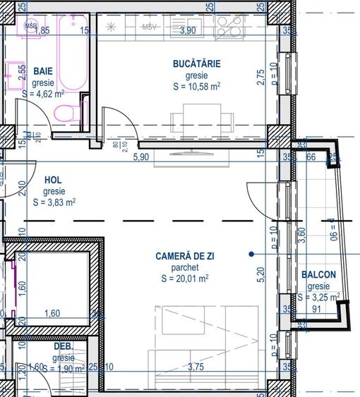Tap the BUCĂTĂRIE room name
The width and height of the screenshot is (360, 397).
196,63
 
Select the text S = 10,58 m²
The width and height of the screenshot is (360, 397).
196,87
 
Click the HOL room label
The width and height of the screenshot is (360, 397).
54,180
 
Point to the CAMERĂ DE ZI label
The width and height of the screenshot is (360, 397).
184,256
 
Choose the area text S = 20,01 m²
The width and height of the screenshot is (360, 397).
184,279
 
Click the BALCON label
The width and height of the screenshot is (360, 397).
318,274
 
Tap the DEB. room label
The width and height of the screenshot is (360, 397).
64,346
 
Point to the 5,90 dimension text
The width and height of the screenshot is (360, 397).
142,157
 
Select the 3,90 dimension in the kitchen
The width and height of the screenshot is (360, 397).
188,31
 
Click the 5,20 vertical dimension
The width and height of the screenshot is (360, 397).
260,275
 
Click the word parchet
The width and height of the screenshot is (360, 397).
184,267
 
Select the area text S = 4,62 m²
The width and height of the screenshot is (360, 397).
43,92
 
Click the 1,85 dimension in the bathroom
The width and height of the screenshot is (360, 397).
42,30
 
